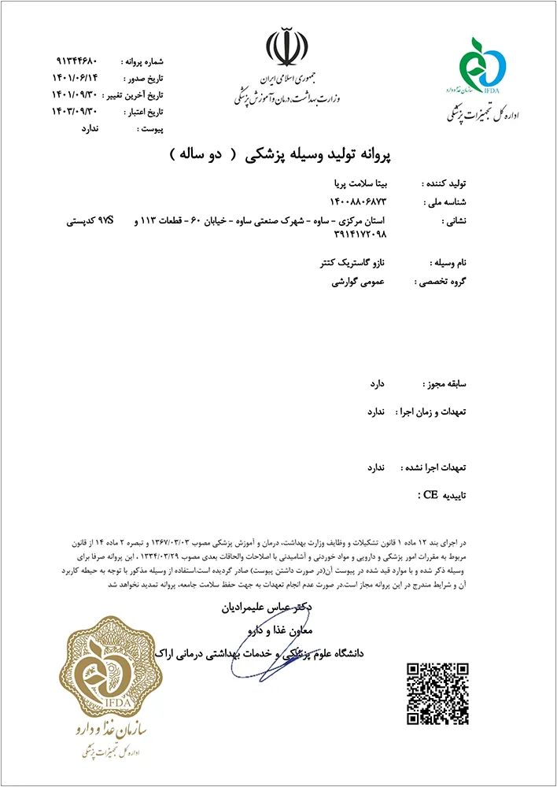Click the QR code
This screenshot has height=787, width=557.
click(439, 693)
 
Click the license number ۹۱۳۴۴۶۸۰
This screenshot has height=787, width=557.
click(76, 61)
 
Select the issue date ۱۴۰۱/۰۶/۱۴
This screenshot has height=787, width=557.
click(76, 78)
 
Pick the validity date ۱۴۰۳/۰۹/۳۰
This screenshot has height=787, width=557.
click(76, 113)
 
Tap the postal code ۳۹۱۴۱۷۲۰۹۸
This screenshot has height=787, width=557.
click(358, 234)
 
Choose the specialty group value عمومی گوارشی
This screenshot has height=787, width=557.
click(360, 280)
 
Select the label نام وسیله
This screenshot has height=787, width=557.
click(447, 262)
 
